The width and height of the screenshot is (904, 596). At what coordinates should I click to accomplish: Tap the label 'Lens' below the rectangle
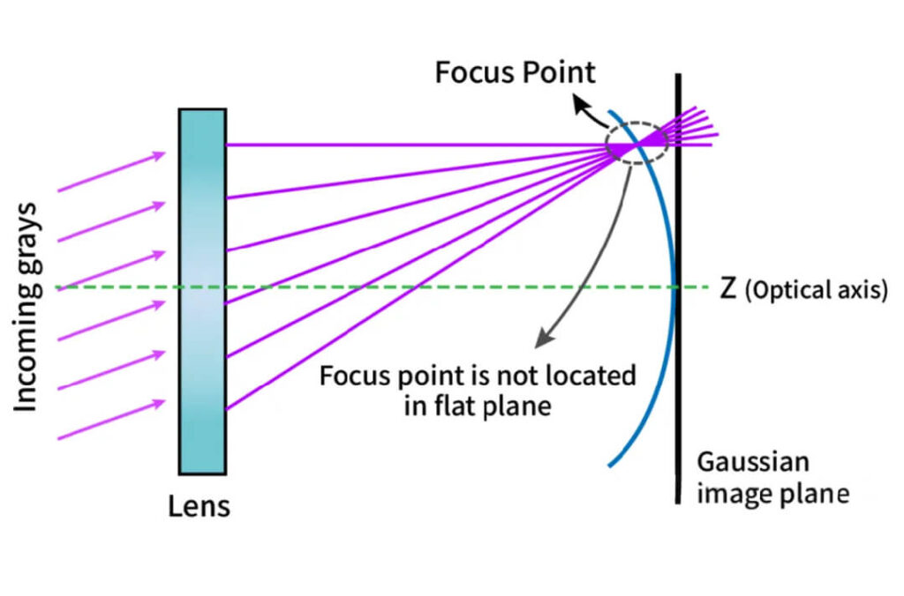tap(199, 506)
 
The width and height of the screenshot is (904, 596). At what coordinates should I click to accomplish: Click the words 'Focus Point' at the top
tap(516, 71)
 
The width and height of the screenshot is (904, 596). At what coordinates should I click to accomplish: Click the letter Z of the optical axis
tap(728, 289)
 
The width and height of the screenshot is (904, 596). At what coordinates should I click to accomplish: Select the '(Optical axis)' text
tap(817, 290)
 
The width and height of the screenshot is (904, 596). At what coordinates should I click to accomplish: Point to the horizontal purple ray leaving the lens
tap(415, 145)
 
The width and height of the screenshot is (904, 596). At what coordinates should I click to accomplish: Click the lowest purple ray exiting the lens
tap(415, 282)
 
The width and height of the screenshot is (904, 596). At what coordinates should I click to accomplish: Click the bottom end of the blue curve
tap(610, 464)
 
